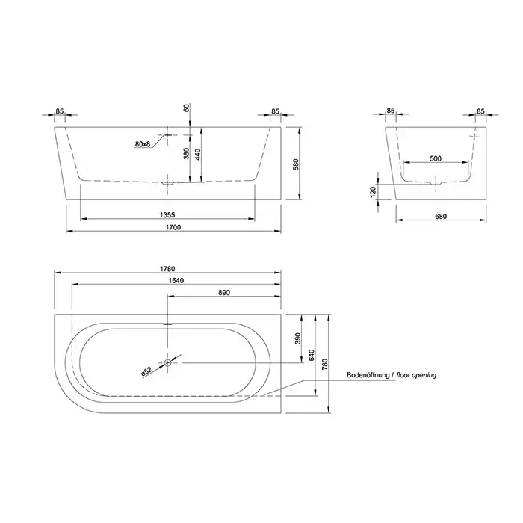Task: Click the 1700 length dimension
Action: pyautogui.click(x=173, y=227)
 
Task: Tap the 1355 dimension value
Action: pyautogui.click(x=167, y=215)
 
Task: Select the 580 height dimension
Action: pyautogui.click(x=296, y=164)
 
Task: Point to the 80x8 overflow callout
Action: pyautogui.click(x=143, y=144)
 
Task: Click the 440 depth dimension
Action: pyautogui.click(x=197, y=155)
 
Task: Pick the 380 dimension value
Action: pyautogui.click(x=186, y=153)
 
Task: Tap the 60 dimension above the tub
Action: pyautogui.click(x=186, y=108)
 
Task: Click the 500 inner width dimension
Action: pyautogui.click(x=436, y=158)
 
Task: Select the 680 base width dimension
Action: pyautogui.click(x=441, y=217)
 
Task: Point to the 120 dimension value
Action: pyautogui.click(x=373, y=192)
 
